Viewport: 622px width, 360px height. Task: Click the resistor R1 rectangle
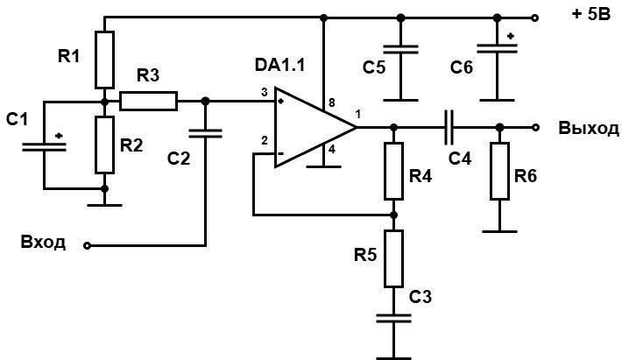click(x=105, y=60)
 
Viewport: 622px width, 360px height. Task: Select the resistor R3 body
click(x=148, y=101)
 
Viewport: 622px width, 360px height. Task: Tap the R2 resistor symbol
click(x=105, y=145)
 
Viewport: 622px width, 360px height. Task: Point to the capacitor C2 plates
click(x=205, y=133)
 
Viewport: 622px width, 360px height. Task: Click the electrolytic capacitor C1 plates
click(x=44, y=146)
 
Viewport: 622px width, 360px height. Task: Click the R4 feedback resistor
click(x=394, y=171)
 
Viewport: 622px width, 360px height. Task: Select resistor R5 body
click(x=394, y=258)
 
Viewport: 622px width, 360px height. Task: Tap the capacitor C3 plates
click(x=394, y=318)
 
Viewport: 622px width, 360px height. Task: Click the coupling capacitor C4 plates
click(x=449, y=127)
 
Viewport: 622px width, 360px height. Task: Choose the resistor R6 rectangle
click(x=500, y=171)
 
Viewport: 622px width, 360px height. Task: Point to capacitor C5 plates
click(x=400, y=49)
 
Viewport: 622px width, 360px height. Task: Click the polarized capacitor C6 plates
click(x=497, y=48)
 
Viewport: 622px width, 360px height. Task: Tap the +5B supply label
click(x=591, y=15)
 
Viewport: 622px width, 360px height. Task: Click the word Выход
click(x=589, y=128)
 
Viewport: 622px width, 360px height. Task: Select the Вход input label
click(x=43, y=242)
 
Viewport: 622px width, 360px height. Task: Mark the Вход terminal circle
click(x=88, y=246)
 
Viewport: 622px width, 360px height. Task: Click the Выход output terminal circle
click(x=535, y=127)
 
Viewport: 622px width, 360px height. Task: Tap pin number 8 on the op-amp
click(x=332, y=102)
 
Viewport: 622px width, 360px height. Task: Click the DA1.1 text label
click(x=279, y=65)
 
